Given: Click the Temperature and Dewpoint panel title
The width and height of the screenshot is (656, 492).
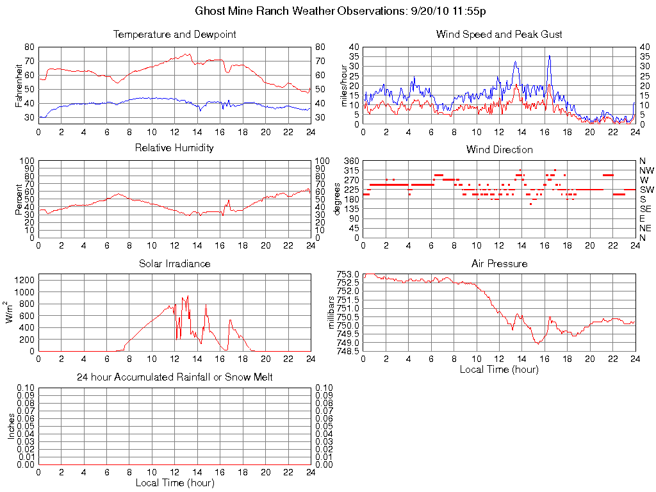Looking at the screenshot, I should pos(174,34).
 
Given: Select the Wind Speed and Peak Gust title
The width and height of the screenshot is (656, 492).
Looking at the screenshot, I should pos(499,34).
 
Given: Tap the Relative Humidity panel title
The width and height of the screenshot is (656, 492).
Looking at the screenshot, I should pos(174,148).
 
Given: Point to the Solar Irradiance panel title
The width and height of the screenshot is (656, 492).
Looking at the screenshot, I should pos(174,263).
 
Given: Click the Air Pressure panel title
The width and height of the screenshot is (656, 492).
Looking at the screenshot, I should pos(499,263).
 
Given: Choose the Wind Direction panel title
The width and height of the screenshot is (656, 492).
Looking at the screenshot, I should pos(499,149).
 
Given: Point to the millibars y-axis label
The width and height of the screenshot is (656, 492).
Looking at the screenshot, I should pos(331,312).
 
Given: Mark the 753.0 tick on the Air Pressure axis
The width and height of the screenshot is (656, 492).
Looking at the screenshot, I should pos(349,274).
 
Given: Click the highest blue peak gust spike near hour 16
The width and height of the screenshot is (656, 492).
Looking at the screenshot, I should pos(549,56).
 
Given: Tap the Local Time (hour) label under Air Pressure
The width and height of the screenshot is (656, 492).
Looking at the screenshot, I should pos(499,369).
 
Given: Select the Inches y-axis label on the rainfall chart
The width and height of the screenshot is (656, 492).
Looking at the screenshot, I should pos(11,426).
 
